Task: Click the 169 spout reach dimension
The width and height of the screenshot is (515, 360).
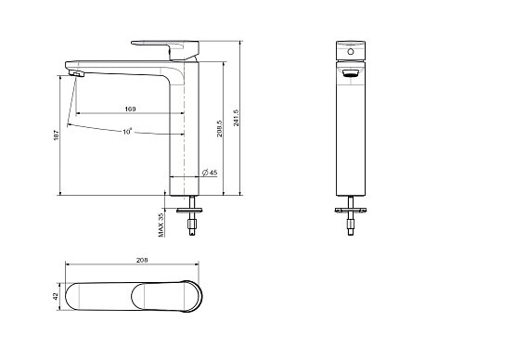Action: (x=130, y=109)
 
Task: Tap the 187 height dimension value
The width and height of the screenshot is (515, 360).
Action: (x=57, y=135)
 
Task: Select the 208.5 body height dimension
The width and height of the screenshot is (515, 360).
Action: (x=219, y=128)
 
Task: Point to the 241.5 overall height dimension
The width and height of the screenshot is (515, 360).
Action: (x=236, y=118)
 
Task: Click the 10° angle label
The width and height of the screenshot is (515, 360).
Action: (x=127, y=132)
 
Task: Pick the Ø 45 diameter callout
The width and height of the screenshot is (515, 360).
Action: (x=210, y=173)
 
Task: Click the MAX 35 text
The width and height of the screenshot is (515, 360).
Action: (x=161, y=225)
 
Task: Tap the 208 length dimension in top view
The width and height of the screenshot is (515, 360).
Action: (x=142, y=260)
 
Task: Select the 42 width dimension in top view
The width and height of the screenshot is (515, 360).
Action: (x=56, y=296)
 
